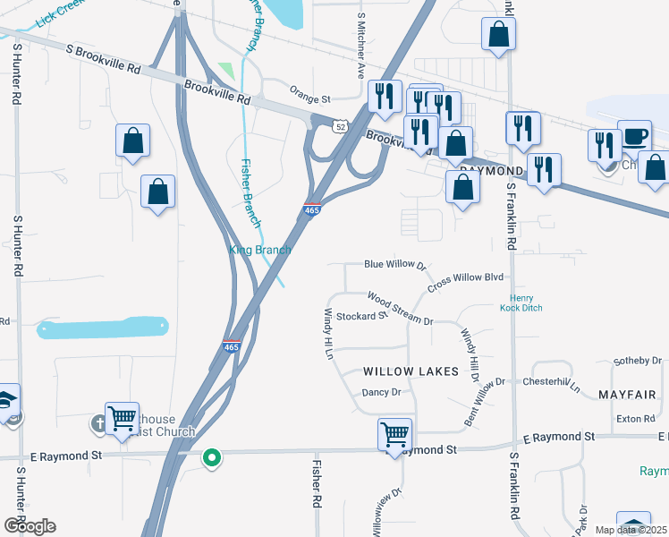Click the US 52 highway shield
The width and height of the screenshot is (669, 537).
[x=340, y=127]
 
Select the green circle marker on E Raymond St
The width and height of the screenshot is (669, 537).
[x=212, y=458]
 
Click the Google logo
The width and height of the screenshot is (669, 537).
[x=29, y=526]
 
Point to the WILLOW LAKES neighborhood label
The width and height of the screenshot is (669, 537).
[x=411, y=371]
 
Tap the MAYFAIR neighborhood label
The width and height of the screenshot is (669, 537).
[x=627, y=395]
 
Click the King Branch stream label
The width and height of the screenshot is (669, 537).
[x=261, y=251]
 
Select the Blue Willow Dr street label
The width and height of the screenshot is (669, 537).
[x=394, y=265]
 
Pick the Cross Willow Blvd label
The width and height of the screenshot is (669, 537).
[x=466, y=281]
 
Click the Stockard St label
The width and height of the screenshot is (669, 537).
[x=361, y=316]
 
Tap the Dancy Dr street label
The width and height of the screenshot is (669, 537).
[x=382, y=392]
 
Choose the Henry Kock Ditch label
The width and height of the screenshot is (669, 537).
[x=527, y=303]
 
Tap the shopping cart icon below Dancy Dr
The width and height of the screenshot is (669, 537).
[x=394, y=434]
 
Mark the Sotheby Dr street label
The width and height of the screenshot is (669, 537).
[x=637, y=361]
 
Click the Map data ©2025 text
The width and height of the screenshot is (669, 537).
[x=630, y=530]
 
